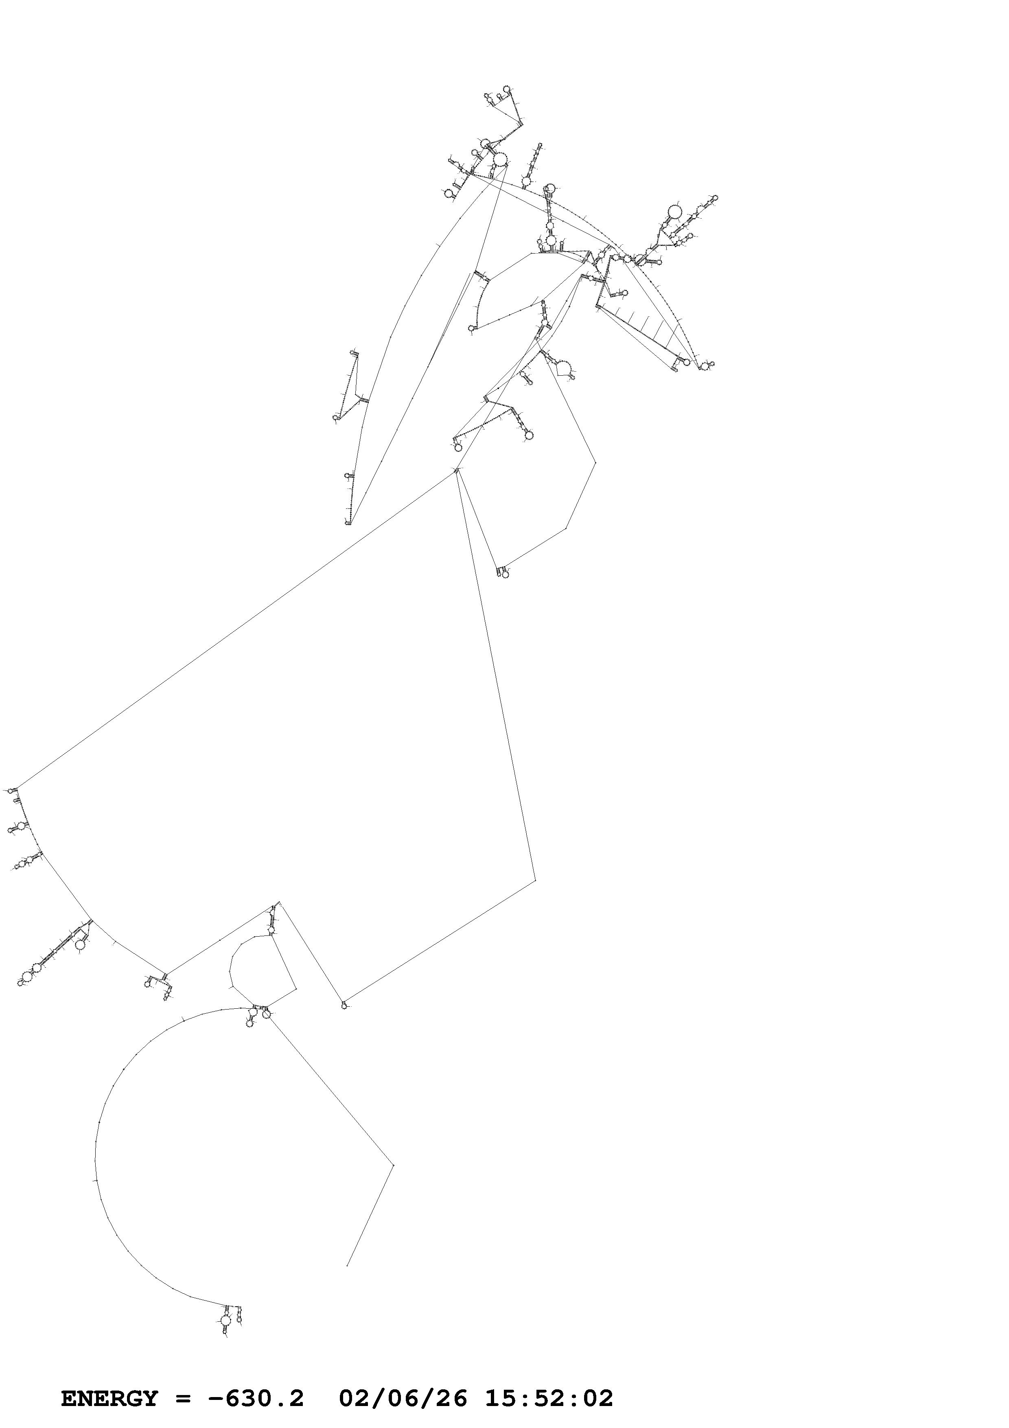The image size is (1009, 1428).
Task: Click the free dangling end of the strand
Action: pos(346,1261)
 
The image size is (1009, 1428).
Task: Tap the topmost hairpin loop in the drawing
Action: pos(506,89)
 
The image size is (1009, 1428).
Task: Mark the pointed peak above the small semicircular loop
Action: pos(278,901)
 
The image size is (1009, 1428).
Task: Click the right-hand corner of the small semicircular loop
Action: pos(295,988)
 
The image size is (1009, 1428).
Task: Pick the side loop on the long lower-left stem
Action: pos(80,944)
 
